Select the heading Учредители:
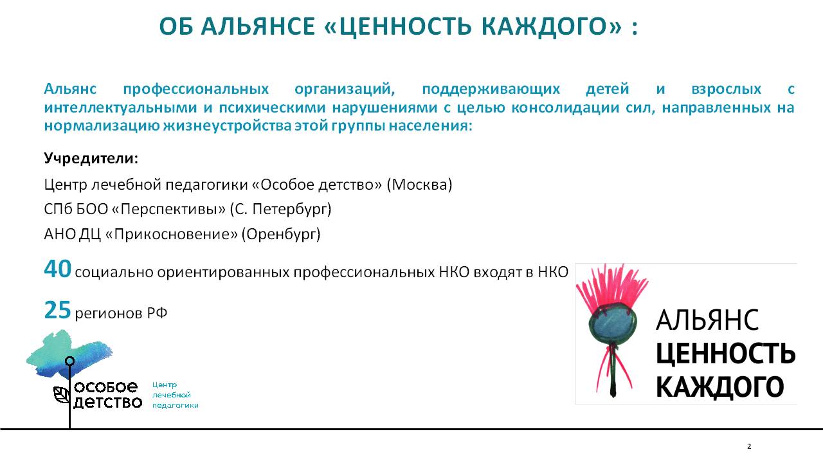[91, 158]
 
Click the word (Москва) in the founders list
[419, 185]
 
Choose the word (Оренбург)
[281, 234]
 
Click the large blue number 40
[57, 269]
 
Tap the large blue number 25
[57, 310]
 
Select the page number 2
[749, 447]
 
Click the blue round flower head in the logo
[612, 323]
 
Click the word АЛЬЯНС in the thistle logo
[707, 320]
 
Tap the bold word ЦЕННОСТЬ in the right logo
[726, 354]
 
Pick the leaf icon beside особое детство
[62, 395]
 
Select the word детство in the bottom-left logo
[107, 403]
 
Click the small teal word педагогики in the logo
[176, 406]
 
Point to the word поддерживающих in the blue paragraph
[491, 89]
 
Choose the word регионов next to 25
[109, 313]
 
